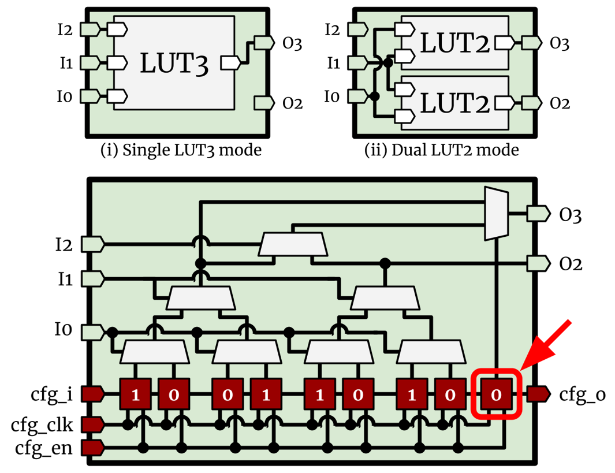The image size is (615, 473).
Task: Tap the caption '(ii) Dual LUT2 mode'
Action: click(442, 151)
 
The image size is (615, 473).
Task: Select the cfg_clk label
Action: click(42, 425)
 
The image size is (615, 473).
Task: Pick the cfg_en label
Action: click(44, 448)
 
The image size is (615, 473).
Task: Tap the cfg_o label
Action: click(582, 395)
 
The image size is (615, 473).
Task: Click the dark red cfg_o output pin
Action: click(538, 395)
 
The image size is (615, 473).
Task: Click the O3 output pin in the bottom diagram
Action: click(538, 214)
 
